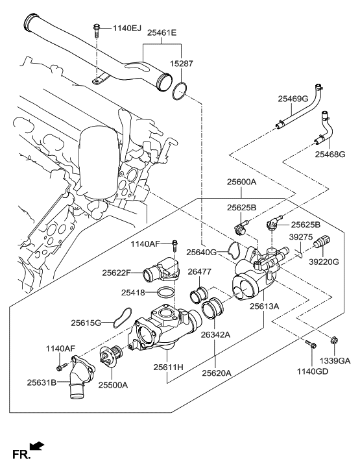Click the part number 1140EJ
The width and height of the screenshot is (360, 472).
(127, 28)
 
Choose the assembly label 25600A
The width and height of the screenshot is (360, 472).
(241, 182)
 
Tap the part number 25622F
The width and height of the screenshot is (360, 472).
(118, 273)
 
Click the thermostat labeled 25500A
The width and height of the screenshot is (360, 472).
(111, 357)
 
